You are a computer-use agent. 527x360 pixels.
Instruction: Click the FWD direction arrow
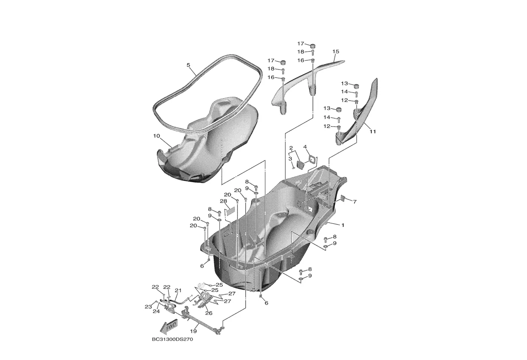[169, 326]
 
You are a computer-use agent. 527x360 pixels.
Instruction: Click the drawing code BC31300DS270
[173, 339]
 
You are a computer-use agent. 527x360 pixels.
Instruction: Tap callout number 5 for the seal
[188, 65]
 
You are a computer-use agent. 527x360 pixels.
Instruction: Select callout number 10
[156, 136]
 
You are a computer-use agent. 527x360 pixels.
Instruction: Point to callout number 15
[336, 51]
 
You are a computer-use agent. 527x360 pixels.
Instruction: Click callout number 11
[373, 132]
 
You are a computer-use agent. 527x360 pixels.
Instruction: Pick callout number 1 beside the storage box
[343, 226]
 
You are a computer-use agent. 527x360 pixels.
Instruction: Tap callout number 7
[354, 202]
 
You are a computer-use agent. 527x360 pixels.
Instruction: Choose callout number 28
[223, 201]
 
